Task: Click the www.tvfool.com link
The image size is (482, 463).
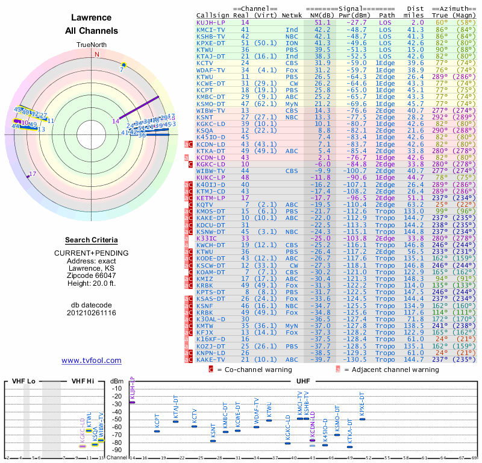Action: click(92, 361)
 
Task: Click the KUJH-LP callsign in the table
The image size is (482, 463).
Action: click(211, 22)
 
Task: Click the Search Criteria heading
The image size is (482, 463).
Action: click(92, 240)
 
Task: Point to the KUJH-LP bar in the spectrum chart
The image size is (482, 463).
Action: click(132, 402)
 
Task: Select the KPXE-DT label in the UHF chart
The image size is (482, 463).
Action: click(362, 405)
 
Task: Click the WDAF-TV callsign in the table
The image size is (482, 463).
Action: click(211, 69)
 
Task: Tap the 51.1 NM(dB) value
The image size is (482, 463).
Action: click(322, 22)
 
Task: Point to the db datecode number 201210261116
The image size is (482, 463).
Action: click(92, 313)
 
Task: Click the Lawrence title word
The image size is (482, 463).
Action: click(92, 18)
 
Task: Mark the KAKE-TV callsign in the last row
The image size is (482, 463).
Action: click(211, 359)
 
